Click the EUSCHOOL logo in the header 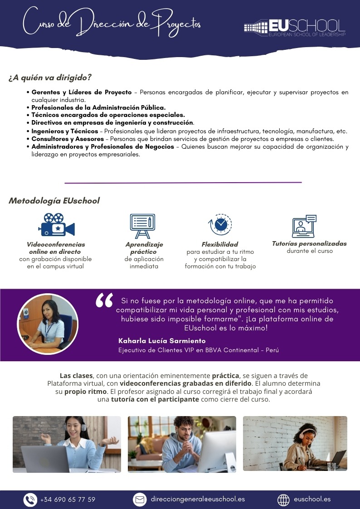tap(295, 27)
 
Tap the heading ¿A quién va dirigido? tap(50, 78)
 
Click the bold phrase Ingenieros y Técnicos tap(65, 131)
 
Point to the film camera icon tap(57, 225)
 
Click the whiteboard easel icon tap(142, 226)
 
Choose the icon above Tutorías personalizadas tap(304, 226)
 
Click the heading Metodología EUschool tap(54, 200)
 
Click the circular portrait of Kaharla tap(47, 324)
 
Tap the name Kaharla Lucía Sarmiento tap(162, 340)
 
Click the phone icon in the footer tap(30, 499)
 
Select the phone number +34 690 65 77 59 tap(68, 499)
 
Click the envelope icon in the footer tap(140, 499)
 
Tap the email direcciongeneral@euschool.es tap(198, 499)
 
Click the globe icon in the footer tap(283, 499)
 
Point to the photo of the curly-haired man tap(182, 444)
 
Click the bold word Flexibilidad tap(220, 244)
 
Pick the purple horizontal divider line tap(183, 183)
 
